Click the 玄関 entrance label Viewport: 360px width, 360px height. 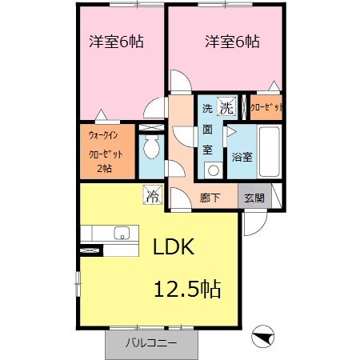click(x=254, y=198)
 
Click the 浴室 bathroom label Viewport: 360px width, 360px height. click(x=242, y=157)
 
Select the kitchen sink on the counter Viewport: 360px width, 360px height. click(x=122, y=233)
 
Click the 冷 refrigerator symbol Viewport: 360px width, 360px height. click(x=152, y=194)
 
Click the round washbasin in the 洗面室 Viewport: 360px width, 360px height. click(x=213, y=169)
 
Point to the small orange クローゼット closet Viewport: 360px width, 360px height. click(x=266, y=106)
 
